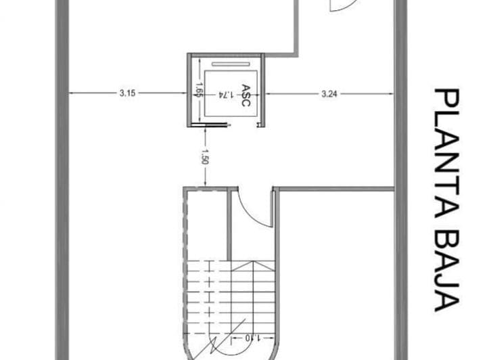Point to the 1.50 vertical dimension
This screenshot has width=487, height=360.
205,156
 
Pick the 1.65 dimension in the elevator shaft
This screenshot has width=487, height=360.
200,91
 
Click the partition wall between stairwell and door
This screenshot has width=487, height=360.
229,223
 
